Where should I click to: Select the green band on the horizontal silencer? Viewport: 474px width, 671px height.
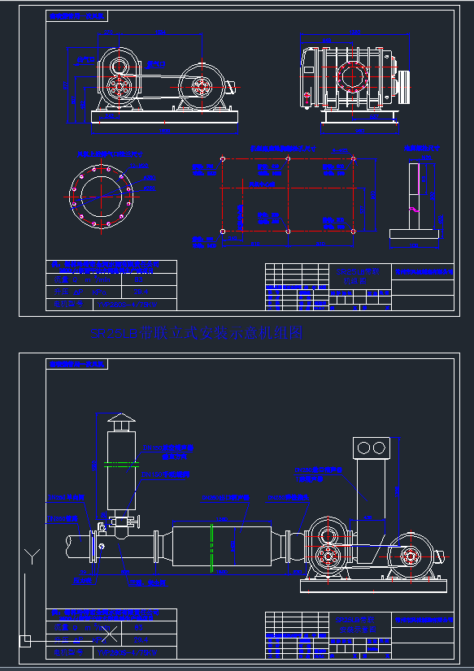(211, 545)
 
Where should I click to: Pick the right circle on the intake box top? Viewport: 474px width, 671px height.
(380, 448)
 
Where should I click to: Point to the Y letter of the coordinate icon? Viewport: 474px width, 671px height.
(31, 556)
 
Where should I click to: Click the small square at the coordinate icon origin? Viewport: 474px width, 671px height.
(25, 640)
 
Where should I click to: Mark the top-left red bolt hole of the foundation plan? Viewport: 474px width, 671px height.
(223, 159)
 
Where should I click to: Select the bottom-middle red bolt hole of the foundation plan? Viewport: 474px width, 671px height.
(289, 232)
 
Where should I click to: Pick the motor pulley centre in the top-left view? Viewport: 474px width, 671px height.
(201, 84)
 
